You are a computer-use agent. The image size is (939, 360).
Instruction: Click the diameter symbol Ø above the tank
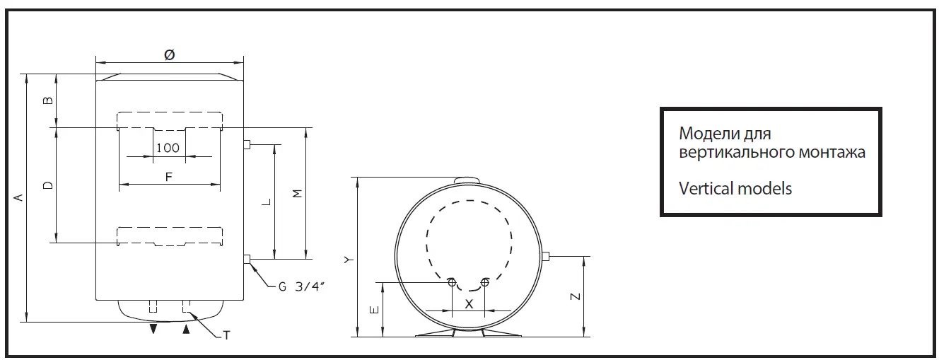click(x=170, y=54)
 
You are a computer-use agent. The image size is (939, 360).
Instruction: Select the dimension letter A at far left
click(x=18, y=197)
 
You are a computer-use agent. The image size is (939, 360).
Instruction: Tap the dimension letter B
click(x=49, y=100)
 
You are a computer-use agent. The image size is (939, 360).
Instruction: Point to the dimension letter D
click(x=49, y=185)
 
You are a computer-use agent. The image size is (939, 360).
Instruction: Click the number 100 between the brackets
click(x=168, y=148)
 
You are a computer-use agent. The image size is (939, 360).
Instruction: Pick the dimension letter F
click(x=169, y=177)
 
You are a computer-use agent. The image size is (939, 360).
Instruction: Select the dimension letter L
click(x=266, y=202)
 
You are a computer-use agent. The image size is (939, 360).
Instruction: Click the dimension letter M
click(x=297, y=194)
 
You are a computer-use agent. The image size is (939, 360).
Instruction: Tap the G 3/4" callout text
click(x=302, y=286)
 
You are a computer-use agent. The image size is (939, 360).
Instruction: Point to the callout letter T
click(x=226, y=335)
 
